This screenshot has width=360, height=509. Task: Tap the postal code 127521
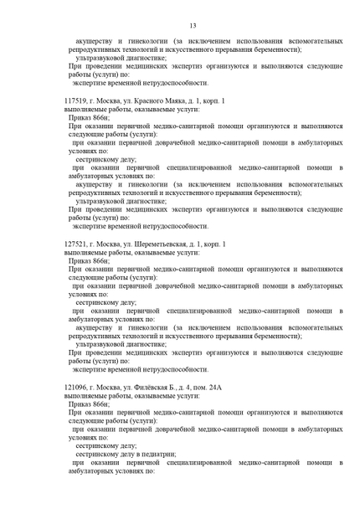pyautogui.click(x=76, y=244)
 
